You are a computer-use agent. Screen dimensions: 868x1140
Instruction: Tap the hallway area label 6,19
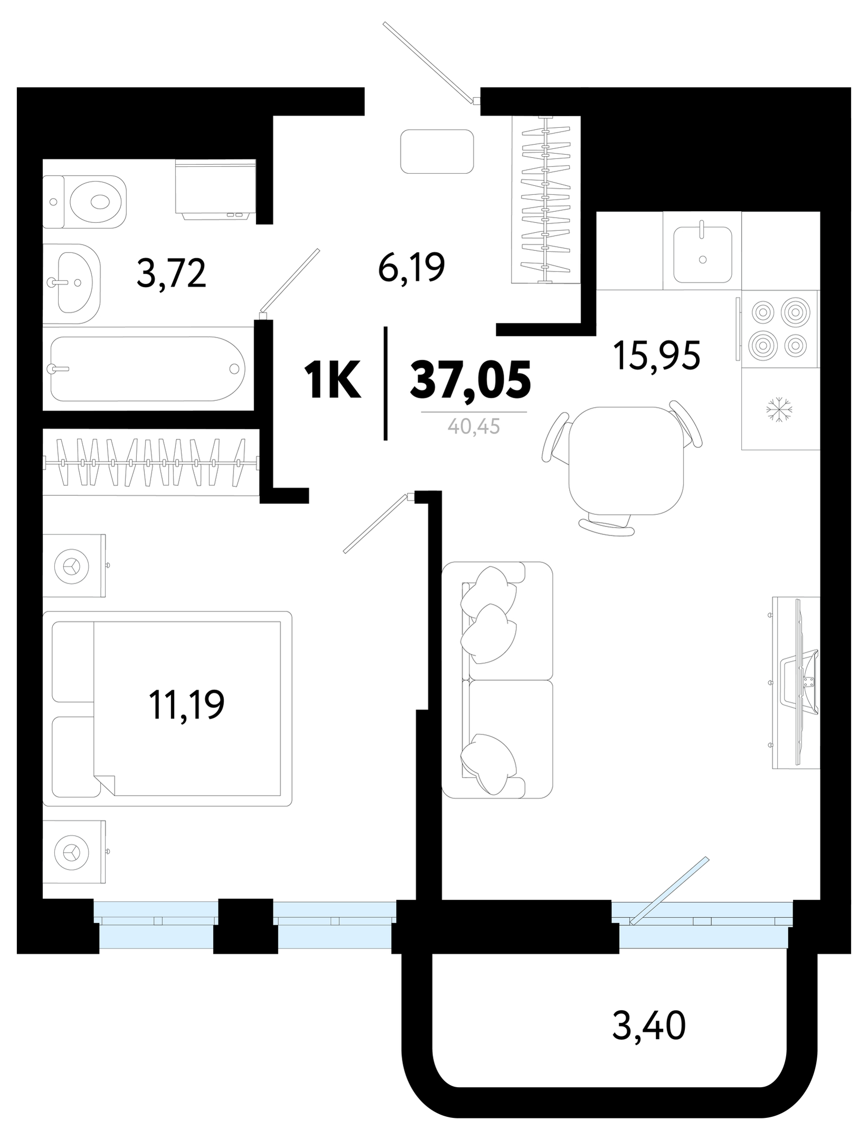tap(411, 268)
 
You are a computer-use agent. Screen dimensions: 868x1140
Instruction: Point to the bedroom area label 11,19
tap(187, 705)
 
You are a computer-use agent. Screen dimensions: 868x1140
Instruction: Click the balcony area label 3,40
tap(649, 1026)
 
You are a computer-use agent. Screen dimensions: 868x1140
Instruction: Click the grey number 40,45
tap(474, 426)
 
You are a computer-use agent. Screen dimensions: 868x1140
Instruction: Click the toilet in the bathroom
tap(84, 202)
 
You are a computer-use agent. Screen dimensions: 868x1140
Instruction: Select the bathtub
tap(148, 369)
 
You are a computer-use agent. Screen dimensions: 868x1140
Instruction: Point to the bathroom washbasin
tap(71, 284)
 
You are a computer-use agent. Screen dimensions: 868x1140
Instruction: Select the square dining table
tap(626, 460)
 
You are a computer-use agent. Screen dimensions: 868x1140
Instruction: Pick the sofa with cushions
tap(497, 680)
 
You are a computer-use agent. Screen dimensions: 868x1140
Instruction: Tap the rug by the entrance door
tap(437, 152)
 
